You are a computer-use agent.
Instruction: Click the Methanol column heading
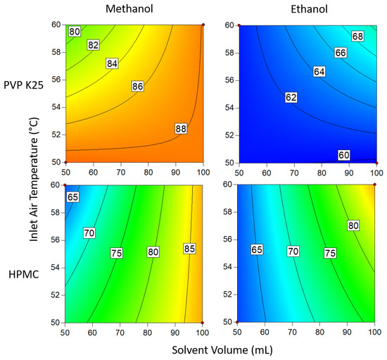(133, 10)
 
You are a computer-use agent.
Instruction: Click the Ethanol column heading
(307, 10)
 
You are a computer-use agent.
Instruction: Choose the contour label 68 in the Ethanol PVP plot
(358, 36)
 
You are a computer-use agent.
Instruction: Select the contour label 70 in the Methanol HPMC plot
(88, 232)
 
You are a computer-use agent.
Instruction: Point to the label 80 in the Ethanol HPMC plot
(353, 225)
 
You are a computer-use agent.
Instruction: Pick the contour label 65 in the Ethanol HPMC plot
(258, 250)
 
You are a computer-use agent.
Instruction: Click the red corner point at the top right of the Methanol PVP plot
(203, 25)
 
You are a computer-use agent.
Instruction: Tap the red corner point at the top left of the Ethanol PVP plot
(239, 25)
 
